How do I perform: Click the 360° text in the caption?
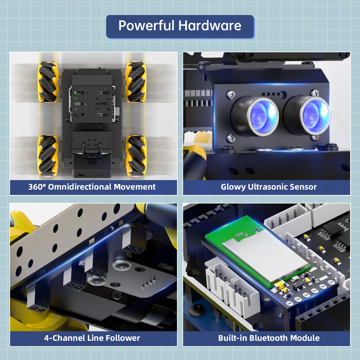click(37, 187)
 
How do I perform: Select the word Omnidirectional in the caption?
click(80, 187)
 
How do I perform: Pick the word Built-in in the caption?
click(232, 338)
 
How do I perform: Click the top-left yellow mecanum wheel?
click(48, 82)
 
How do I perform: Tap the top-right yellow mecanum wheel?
click(136, 82)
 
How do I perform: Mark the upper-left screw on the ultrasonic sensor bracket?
click(231, 95)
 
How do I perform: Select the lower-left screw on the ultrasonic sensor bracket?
click(231, 138)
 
